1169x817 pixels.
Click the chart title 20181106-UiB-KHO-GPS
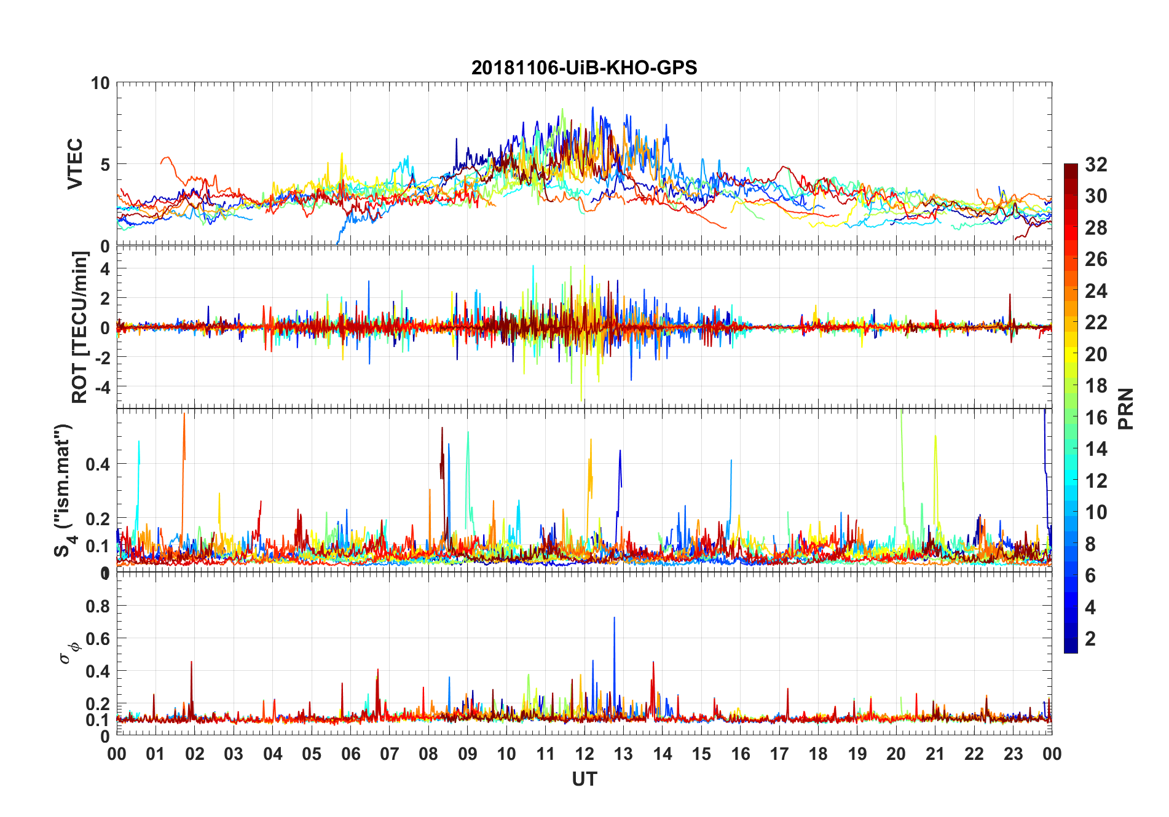[x=584, y=68]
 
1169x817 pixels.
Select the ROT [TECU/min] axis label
[x=80, y=327]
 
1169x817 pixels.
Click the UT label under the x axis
[x=584, y=780]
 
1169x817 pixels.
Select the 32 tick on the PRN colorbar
[x=1096, y=165]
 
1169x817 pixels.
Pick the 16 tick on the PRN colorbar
[x=1096, y=418]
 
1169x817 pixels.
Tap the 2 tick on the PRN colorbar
[x=1090, y=639]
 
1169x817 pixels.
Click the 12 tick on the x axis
[x=584, y=754]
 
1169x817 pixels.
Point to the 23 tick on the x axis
[x=1013, y=754]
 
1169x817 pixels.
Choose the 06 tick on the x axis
[x=350, y=754]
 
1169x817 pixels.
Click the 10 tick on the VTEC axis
[x=100, y=83]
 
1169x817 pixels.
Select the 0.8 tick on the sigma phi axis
[x=98, y=606]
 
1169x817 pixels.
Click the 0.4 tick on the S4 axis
[x=98, y=464]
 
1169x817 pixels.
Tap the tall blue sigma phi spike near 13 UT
[x=614, y=619]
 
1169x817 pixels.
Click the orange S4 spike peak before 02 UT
[x=184, y=415]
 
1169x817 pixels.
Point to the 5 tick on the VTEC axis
[x=105, y=165]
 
